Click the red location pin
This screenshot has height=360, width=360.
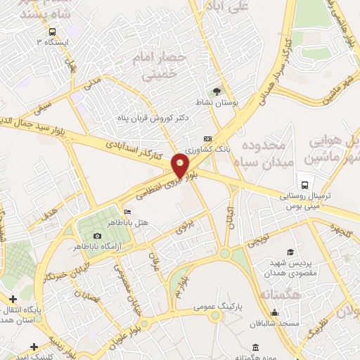click(x=181, y=167)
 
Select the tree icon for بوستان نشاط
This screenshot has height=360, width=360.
click(x=217, y=91)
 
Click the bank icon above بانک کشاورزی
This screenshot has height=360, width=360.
click(x=207, y=139)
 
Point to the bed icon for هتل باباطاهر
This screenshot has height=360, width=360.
click(x=127, y=212)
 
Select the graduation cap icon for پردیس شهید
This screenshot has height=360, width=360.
click(x=290, y=252)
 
